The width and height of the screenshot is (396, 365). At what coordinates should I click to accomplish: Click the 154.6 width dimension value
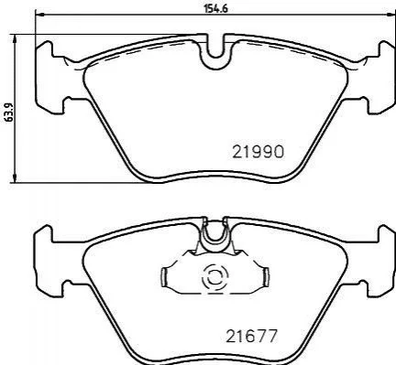coord(216,8)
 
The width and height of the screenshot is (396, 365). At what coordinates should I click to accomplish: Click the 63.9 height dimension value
coord(8,113)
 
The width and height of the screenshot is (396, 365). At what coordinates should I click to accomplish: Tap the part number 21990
coord(258,152)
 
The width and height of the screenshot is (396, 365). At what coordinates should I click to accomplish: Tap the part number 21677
coord(251,336)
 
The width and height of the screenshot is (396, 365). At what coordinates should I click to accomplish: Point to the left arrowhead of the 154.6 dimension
coord(39,14)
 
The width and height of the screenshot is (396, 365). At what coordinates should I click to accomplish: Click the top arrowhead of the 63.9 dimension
coord(14,38)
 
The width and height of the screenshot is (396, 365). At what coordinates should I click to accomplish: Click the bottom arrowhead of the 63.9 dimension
coord(14,179)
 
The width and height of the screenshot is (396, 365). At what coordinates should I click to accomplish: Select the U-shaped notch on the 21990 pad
coord(215,50)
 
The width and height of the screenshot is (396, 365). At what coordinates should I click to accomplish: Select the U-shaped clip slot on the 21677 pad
coord(215,234)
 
